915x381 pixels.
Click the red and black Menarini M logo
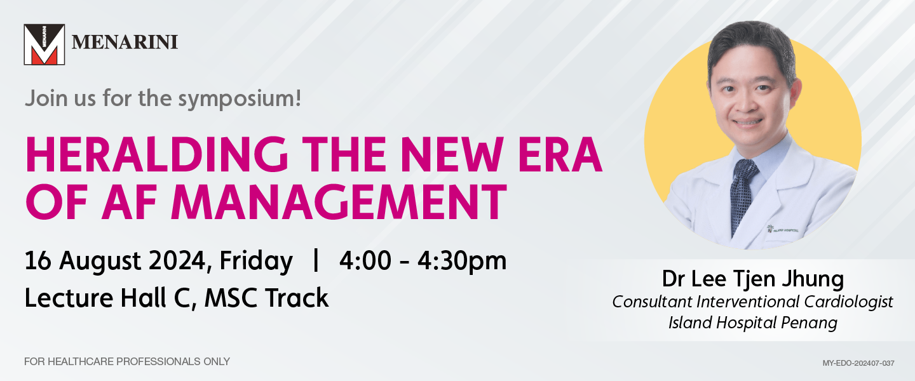[x=44, y=44]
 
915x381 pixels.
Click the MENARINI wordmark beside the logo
[x=125, y=43]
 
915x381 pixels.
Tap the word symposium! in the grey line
[x=240, y=99]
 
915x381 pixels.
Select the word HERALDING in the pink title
[x=157, y=155]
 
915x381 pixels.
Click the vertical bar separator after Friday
[x=315, y=260]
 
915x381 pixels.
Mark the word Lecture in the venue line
[x=69, y=298]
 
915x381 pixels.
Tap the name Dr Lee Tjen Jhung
[x=753, y=279]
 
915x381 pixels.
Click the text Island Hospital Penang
[x=753, y=323]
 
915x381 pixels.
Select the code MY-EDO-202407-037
[x=858, y=363]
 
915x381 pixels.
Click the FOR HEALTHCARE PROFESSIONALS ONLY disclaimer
[x=127, y=361]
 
